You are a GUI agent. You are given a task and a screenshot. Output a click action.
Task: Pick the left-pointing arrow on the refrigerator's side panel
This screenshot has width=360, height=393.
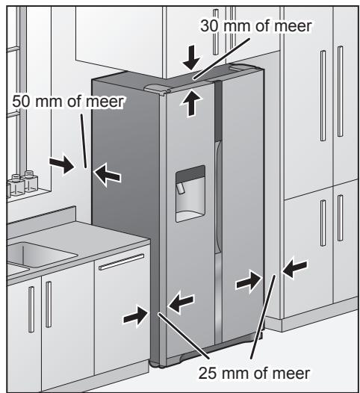pyautogui.click(x=108, y=174)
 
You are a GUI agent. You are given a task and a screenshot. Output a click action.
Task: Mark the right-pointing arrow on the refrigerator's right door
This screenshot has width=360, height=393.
pyautogui.click(x=246, y=282)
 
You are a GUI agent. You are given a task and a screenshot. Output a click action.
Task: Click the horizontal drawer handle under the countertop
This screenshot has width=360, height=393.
pyautogui.click(x=121, y=262)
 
